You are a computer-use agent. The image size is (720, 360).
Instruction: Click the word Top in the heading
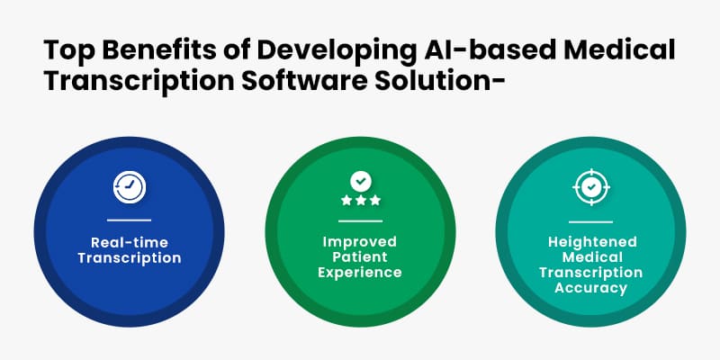click(x=64, y=50)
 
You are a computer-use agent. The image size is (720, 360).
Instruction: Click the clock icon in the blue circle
click(x=129, y=185)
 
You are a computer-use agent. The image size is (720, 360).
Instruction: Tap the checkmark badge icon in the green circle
click(x=360, y=180)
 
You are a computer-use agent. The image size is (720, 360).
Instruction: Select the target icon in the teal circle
click(x=590, y=186)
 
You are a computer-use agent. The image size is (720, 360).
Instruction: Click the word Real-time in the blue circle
click(x=129, y=242)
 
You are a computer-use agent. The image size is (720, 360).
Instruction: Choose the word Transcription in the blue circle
click(x=129, y=258)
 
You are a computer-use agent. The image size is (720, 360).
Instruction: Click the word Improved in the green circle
click(x=360, y=242)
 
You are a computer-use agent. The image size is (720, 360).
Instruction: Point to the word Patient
click(x=360, y=257)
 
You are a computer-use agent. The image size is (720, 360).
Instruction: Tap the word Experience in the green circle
click(x=360, y=273)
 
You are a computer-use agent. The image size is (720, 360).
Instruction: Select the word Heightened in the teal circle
click(x=590, y=242)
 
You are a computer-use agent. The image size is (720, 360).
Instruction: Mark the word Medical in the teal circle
click(x=590, y=257)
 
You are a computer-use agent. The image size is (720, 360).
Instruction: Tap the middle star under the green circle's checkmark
click(x=360, y=200)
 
